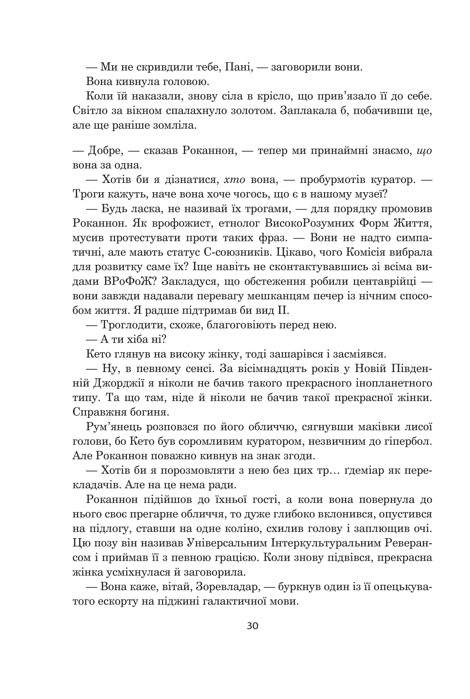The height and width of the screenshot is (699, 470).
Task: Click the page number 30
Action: (x=252, y=626)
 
